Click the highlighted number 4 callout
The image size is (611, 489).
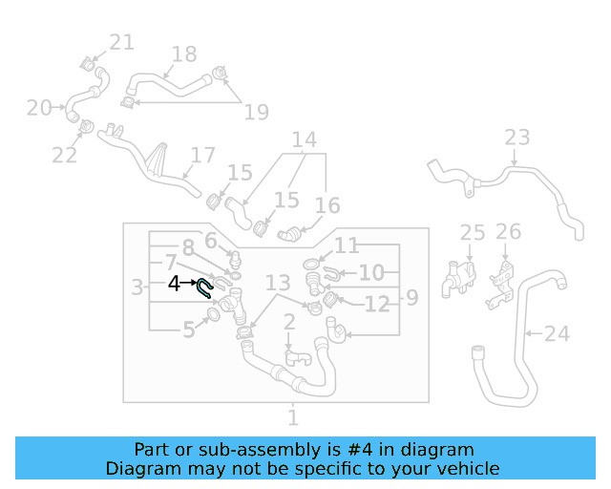tap(174, 284)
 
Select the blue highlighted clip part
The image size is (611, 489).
tap(204, 288)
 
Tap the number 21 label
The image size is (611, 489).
tap(121, 42)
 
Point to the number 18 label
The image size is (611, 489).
tap(183, 54)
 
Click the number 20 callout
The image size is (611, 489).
tap(39, 108)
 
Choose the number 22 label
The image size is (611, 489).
tap(64, 154)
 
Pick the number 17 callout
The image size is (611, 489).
tap(203, 155)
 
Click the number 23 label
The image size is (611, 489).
tap(516, 138)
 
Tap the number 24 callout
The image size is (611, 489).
tap(557, 334)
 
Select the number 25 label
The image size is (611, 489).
tap(473, 232)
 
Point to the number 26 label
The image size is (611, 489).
tap(509, 231)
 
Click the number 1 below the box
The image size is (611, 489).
tap(293, 417)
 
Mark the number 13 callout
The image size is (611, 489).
tap(278, 283)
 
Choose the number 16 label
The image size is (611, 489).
tap(327, 206)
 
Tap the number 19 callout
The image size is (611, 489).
tap(256, 113)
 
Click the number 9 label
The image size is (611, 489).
tap(411, 298)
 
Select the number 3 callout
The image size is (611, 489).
tap(137, 286)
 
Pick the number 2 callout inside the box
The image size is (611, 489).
tap(288, 325)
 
